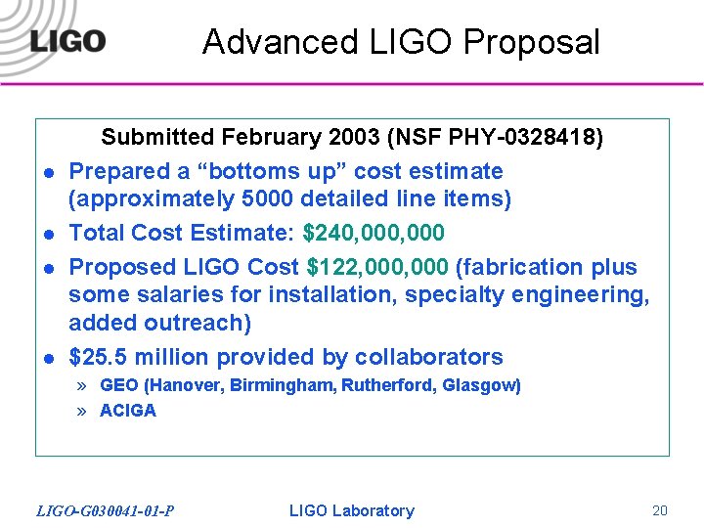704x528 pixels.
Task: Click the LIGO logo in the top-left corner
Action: click(x=66, y=41)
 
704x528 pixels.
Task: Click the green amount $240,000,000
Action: click(x=374, y=233)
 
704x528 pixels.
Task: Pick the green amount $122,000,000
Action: click(x=377, y=267)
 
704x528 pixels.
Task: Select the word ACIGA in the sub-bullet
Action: click(x=128, y=411)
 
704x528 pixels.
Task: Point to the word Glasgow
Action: click(x=479, y=385)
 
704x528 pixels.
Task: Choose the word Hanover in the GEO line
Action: click(x=186, y=385)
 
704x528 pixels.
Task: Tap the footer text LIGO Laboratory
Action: click(x=352, y=510)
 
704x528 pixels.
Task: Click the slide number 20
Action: click(x=660, y=510)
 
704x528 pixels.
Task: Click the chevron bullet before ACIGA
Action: click(x=82, y=411)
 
